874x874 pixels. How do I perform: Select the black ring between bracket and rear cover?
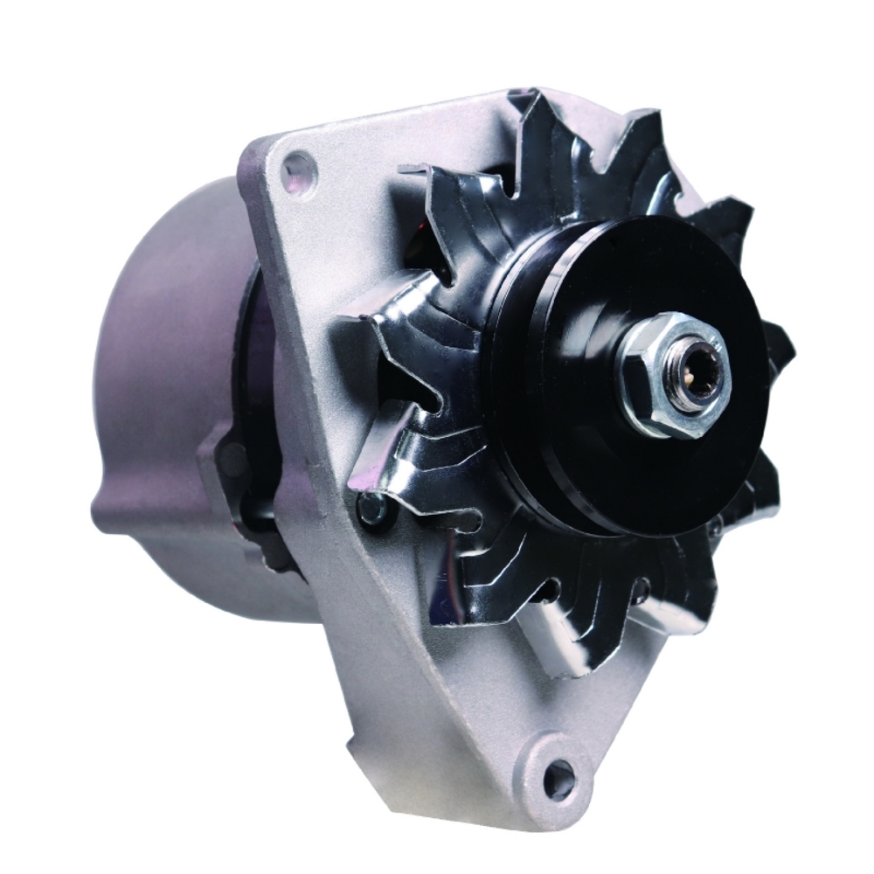point(253,393)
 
